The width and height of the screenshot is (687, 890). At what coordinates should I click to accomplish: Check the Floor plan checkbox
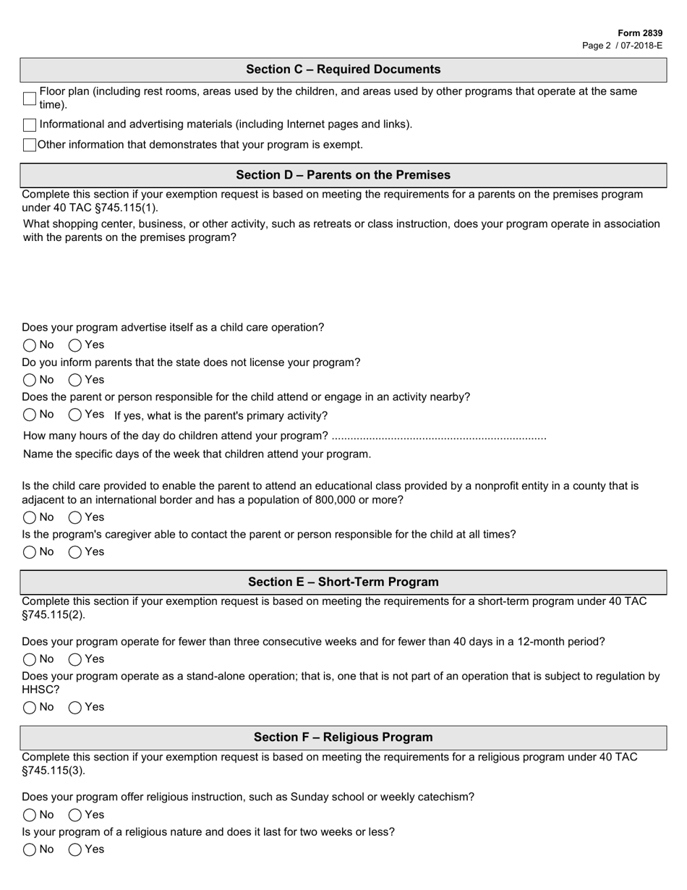(x=30, y=98)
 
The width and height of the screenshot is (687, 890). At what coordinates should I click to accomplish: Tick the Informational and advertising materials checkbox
(x=30, y=125)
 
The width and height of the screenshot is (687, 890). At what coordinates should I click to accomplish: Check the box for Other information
(x=30, y=145)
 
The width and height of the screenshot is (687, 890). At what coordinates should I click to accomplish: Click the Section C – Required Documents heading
(x=343, y=69)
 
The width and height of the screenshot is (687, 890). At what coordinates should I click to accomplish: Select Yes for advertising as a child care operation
(x=75, y=345)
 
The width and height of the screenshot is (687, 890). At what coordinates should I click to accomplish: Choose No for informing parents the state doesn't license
(x=30, y=380)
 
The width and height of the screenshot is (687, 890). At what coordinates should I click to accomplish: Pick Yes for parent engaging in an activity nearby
(x=75, y=415)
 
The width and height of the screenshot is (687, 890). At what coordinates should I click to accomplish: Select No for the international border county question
(x=30, y=517)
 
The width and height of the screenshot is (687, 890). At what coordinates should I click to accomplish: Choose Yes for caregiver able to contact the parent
(x=75, y=552)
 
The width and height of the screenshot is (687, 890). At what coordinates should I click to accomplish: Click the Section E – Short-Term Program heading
(x=343, y=582)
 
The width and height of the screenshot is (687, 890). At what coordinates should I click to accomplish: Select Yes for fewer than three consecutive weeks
(x=75, y=659)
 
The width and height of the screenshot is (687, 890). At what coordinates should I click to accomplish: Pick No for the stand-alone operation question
(x=30, y=708)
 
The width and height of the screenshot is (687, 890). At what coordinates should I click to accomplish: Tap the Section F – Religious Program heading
(x=343, y=737)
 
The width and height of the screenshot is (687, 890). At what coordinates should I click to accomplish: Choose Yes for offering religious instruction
(x=75, y=815)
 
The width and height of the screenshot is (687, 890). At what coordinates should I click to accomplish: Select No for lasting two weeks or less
(x=30, y=849)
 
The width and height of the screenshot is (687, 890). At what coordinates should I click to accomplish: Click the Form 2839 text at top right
(x=640, y=33)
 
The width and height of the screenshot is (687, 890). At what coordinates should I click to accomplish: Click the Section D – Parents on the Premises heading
(x=343, y=175)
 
